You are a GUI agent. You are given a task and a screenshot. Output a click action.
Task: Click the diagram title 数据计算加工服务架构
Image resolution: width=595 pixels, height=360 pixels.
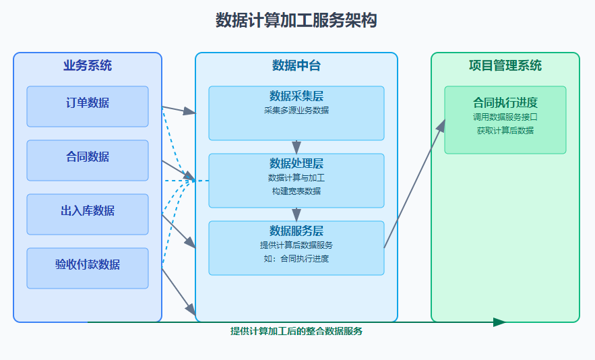[x=296, y=20]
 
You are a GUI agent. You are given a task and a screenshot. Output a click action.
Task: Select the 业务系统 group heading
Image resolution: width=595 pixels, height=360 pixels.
[x=88, y=65]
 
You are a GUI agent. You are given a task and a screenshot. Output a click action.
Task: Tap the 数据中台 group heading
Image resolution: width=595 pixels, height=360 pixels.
[x=296, y=65]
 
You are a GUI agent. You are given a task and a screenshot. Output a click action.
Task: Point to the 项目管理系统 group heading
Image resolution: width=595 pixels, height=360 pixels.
[x=505, y=65]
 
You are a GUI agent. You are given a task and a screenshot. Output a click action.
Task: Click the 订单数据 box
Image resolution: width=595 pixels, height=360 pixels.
[x=88, y=106]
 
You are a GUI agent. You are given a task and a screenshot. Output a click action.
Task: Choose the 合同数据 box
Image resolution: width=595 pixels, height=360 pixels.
[x=88, y=160]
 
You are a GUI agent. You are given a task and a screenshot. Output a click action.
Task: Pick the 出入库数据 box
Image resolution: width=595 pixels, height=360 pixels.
[x=88, y=214]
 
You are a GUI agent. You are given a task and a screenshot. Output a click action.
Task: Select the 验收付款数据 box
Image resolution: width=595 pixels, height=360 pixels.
[x=88, y=268]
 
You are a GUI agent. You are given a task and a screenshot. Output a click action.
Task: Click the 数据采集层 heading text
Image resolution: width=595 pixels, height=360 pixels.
[x=296, y=96]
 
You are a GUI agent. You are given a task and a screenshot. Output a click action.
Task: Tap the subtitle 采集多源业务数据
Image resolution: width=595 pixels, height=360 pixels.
[x=296, y=110]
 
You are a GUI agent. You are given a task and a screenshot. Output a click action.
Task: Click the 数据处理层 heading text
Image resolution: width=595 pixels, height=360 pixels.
[x=296, y=164]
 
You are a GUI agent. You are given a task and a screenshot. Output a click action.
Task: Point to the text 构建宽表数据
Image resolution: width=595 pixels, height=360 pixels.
[x=296, y=191]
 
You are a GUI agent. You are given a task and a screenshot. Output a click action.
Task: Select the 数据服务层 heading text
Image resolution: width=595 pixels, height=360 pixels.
[x=296, y=231]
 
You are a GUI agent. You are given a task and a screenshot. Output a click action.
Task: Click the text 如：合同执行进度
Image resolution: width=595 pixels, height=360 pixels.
[x=296, y=258]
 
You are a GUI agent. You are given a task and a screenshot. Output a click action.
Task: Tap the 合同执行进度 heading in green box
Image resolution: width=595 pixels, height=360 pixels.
[x=505, y=102]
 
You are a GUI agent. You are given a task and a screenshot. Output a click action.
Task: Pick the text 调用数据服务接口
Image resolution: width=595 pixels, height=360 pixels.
[x=505, y=117]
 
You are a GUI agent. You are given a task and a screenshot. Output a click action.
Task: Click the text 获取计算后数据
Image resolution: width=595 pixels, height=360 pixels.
[x=505, y=130]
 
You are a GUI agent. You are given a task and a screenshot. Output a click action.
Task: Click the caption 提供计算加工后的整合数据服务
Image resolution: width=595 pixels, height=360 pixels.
[x=296, y=331]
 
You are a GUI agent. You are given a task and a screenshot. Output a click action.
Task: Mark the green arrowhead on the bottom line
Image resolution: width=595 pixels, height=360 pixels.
[x=499, y=322]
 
